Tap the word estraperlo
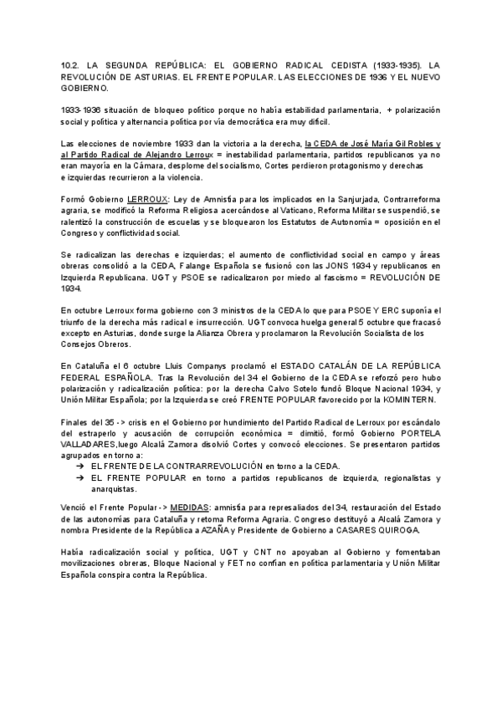(x=85, y=435)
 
